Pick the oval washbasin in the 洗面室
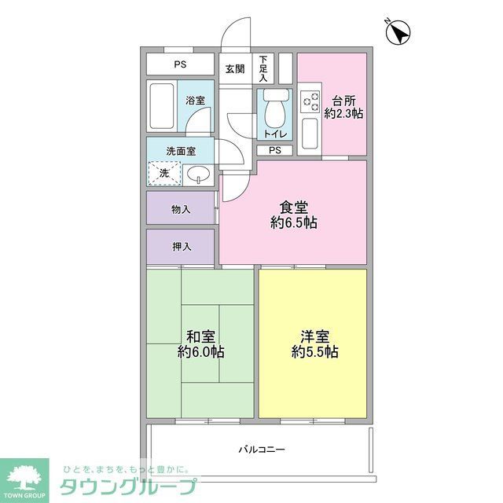[x=198, y=174]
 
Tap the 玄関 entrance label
[x=234, y=68]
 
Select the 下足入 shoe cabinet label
[x=263, y=69]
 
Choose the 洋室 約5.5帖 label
[x=314, y=343]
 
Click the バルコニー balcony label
[x=262, y=450]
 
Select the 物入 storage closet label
[x=181, y=208]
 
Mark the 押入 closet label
[x=181, y=247]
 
